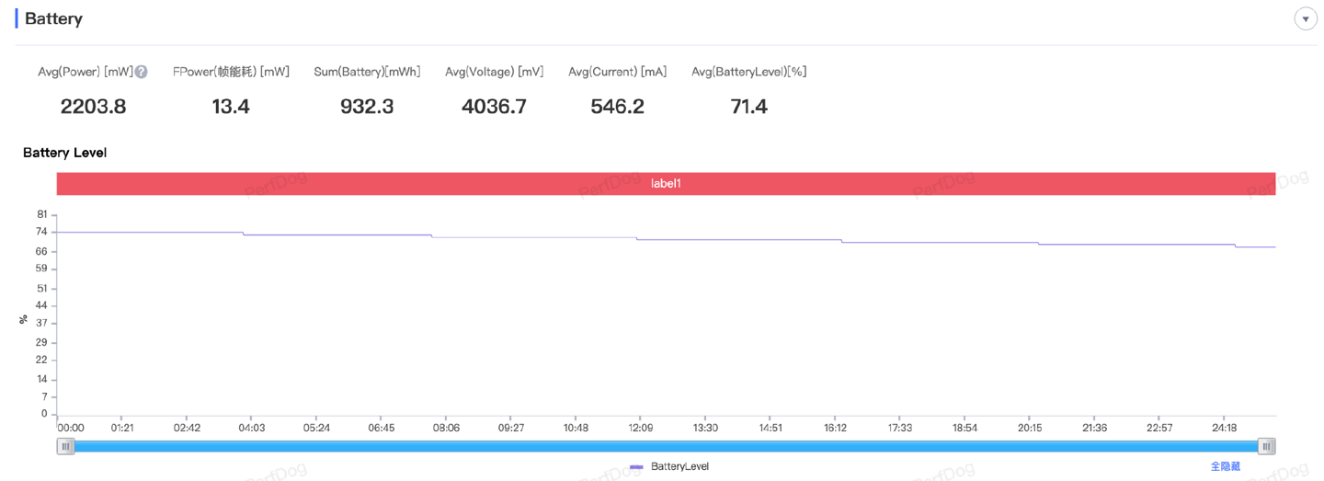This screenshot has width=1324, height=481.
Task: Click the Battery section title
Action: [x=53, y=18]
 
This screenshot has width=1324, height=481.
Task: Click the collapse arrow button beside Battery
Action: [x=1306, y=19]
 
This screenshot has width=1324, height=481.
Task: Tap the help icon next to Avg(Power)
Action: [x=142, y=72]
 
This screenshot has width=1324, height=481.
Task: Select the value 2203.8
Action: [x=93, y=107]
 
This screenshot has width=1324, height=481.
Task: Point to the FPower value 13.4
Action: [x=231, y=107]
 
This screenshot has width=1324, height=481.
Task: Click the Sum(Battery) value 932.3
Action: [x=367, y=107]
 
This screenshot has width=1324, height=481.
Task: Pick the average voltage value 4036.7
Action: [x=494, y=107]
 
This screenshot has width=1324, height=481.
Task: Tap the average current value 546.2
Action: [x=617, y=107]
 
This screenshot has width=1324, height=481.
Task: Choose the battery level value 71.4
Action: [x=748, y=107]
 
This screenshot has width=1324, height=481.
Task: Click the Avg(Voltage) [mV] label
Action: [x=494, y=72]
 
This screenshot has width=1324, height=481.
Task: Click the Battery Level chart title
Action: [x=64, y=153]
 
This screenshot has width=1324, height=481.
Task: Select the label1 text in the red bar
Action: [x=666, y=184]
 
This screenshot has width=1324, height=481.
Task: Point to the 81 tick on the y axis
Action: [x=42, y=214]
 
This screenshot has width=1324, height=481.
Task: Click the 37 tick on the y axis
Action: [x=42, y=324]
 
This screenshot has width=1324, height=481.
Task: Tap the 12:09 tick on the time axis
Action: [x=641, y=428]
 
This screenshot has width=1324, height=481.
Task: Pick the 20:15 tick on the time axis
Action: [x=1030, y=428]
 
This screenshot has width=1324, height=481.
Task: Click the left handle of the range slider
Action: [x=65, y=446]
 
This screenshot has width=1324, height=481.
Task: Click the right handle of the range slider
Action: [x=1267, y=446]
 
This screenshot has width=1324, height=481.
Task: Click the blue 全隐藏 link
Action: [x=1225, y=467]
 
